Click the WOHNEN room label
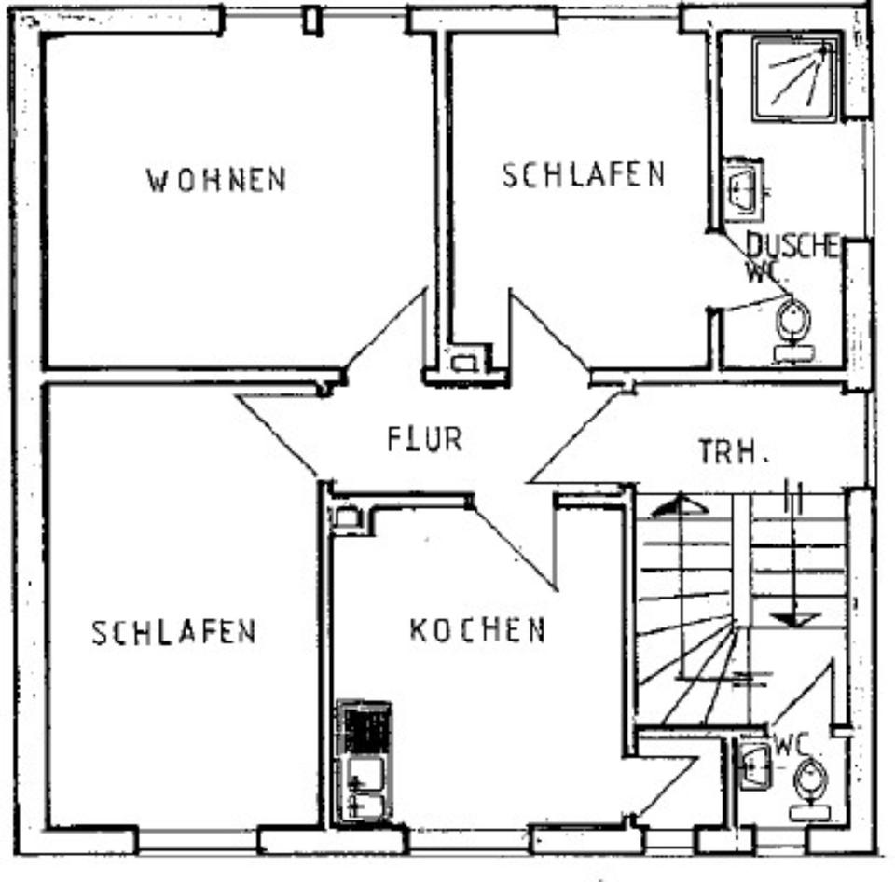[x=215, y=179]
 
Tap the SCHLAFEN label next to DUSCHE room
[x=584, y=174]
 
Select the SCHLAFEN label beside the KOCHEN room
[x=173, y=632]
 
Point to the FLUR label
[x=425, y=438]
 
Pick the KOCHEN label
[x=477, y=630]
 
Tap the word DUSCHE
[x=792, y=245]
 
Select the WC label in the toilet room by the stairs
[x=790, y=745]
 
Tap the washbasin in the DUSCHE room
[x=743, y=189]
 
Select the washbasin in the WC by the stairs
[x=753, y=765]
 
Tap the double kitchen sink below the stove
[x=365, y=788]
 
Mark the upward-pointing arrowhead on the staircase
[x=678, y=505]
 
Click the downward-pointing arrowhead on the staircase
[x=792, y=618]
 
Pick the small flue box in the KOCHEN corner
[x=347, y=517]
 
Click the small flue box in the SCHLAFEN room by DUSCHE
[x=463, y=362]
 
